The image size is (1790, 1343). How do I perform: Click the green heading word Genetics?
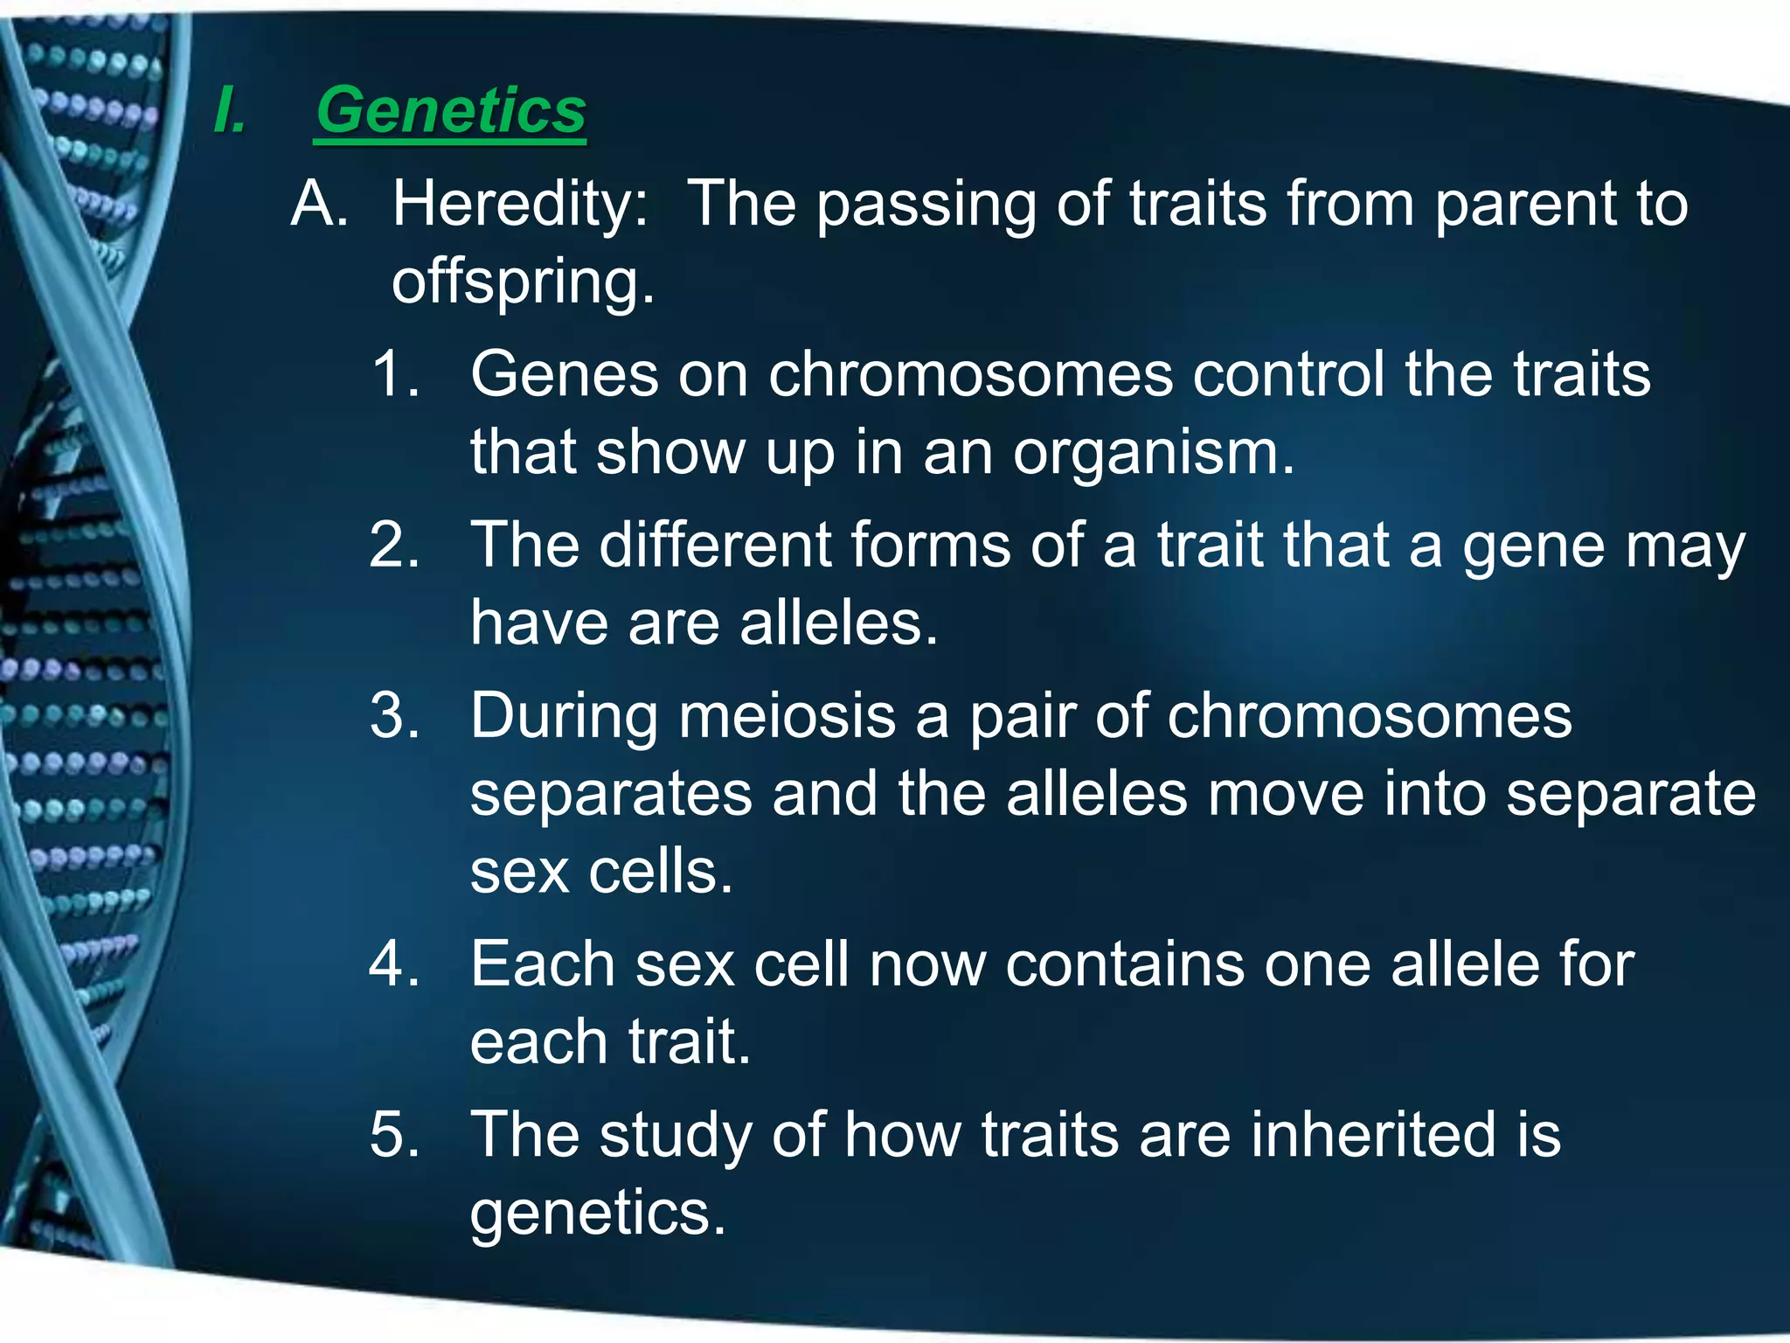coord(451,111)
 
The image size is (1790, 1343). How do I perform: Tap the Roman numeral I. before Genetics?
coord(230,111)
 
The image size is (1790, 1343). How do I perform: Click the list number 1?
coord(395,374)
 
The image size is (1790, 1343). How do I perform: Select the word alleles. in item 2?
coord(839,624)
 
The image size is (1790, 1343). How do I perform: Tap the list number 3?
coord(395,716)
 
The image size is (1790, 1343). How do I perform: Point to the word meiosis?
coord(787,716)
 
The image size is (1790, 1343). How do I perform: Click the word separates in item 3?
coord(611,794)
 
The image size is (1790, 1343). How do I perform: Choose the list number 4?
coord(395,964)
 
